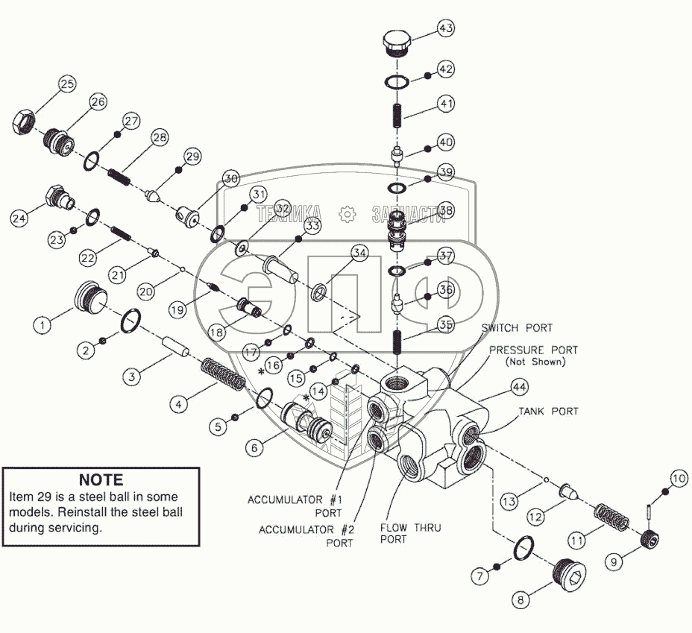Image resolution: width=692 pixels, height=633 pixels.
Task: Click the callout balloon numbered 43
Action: click(445, 29)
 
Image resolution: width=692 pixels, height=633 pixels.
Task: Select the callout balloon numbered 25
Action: click(67, 84)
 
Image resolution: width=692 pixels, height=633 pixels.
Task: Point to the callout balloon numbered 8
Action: click(520, 598)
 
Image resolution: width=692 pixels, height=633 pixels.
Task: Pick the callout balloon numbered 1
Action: click(43, 324)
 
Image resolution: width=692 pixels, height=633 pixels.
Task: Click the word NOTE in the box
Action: click(101, 479)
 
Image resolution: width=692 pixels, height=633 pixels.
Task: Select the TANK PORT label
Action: click(550, 411)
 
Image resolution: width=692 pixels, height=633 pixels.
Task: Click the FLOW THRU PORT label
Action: click(410, 533)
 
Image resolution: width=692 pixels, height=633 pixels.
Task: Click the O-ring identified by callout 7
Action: click(525, 549)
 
